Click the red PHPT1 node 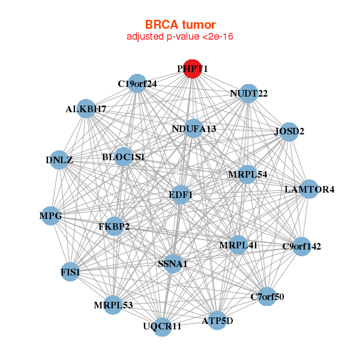click(x=193, y=69)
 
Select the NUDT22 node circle click(x=248, y=94)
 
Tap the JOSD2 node click(x=289, y=132)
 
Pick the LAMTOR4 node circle click(x=309, y=189)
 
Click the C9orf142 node click(x=302, y=247)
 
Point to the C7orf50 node click(x=267, y=296)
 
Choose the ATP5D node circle click(x=217, y=320)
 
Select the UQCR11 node click(x=162, y=327)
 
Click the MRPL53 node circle click(x=113, y=305)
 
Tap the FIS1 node click(x=70, y=272)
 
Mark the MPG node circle click(x=51, y=216)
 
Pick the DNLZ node click(x=59, y=160)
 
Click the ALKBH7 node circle click(x=86, y=109)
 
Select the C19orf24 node click(x=137, y=83)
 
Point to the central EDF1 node click(x=181, y=194)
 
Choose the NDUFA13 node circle click(x=194, y=128)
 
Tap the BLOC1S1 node click(x=124, y=157)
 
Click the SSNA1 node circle click(x=173, y=263)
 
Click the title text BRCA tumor click(x=180, y=25)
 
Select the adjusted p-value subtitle click(x=180, y=37)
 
